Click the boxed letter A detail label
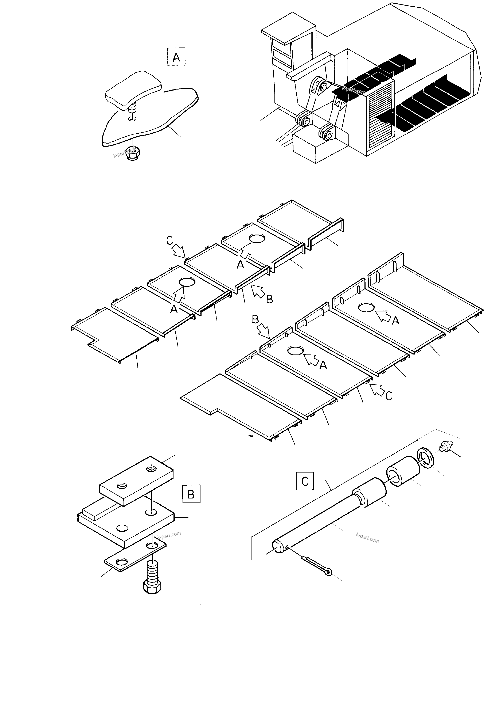[x=176, y=57]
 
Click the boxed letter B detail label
[x=191, y=494]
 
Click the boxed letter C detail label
[x=305, y=481]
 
